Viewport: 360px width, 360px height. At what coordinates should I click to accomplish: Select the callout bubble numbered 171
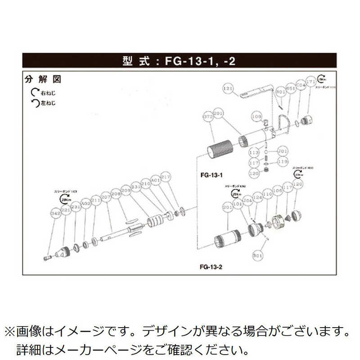(x=310, y=82)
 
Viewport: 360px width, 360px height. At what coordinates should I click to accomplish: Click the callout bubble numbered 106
(x=277, y=190)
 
